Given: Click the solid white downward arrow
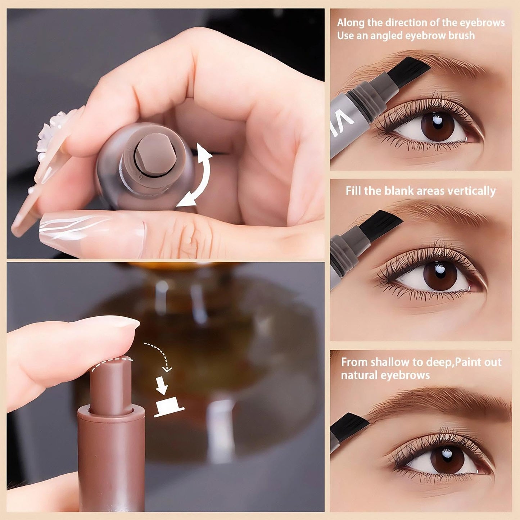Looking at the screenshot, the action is (x=162, y=385).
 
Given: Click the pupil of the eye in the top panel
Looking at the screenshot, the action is (x=438, y=126).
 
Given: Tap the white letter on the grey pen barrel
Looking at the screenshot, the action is (x=344, y=122).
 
